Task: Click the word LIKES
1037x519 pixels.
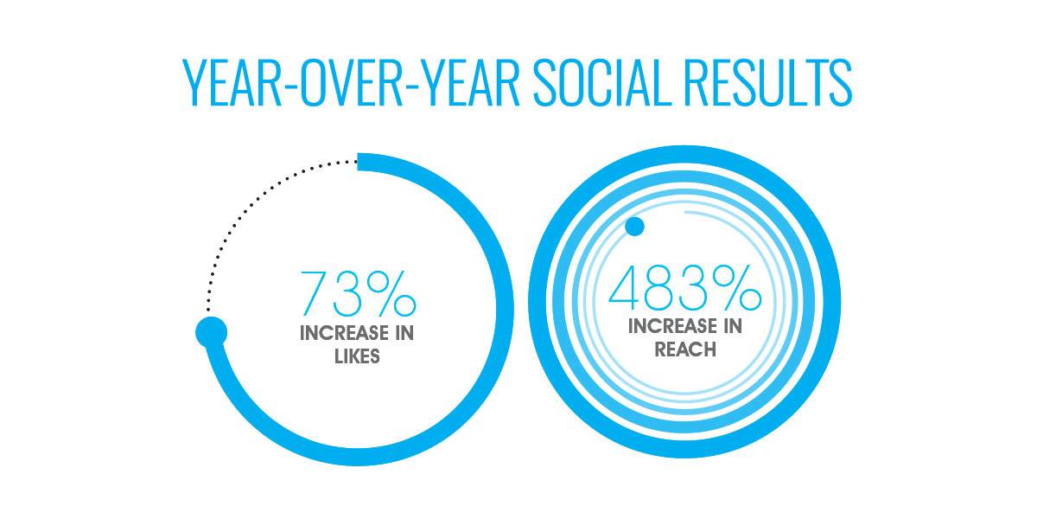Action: (x=357, y=356)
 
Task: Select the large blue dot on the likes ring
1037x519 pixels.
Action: (x=211, y=330)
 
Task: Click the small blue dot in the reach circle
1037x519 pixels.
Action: (x=634, y=227)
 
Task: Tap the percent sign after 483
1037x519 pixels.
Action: (x=734, y=287)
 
